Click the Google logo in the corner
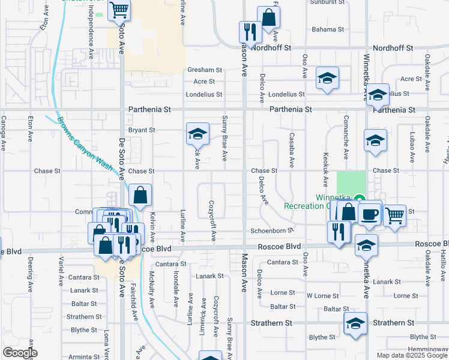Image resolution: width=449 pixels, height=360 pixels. click(x=19, y=353)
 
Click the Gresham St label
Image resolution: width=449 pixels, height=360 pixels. click(x=205, y=70)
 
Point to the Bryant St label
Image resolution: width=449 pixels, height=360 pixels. click(x=142, y=130)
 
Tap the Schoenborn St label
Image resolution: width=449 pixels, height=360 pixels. click(x=272, y=230)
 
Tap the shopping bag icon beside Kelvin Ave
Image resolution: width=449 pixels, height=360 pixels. click(x=140, y=194)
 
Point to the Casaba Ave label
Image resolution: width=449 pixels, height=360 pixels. click(x=292, y=150)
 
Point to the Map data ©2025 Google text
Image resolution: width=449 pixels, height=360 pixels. click(x=412, y=355)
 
